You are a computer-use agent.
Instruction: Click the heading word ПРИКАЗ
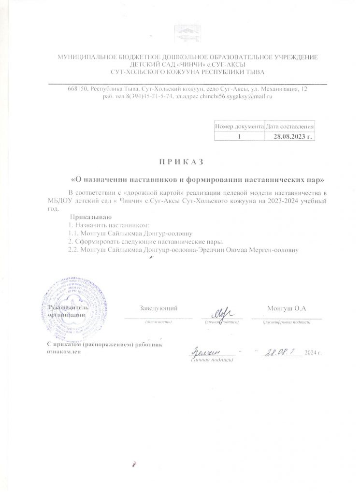pyautogui.click(x=180, y=160)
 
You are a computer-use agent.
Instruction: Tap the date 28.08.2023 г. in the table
pyautogui.click(x=290, y=136)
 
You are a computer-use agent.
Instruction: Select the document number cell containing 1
pyautogui.click(x=239, y=136)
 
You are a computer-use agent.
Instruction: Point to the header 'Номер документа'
pyautogui.click(x=239, y=126)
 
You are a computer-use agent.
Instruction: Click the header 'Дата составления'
pyautogui.click(x=290, y=126)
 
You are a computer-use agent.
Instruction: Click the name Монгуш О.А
pyautogui.click(x=287, y=308)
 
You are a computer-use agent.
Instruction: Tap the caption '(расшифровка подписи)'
pyautogui.click(x=287, y=322)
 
